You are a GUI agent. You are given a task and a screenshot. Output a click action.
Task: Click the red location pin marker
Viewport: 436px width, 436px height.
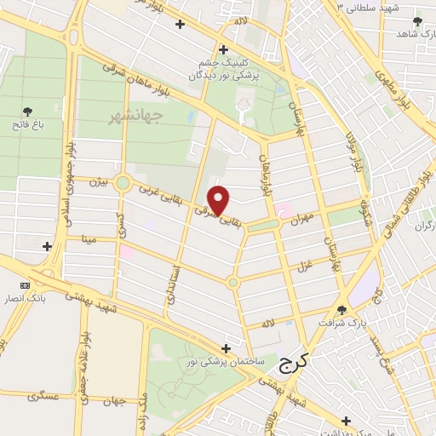coord(219,200)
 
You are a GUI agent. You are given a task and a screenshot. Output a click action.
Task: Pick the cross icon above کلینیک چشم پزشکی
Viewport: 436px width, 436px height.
coord(223,49)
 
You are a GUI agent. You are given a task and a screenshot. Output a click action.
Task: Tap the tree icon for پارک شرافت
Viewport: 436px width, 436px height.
coord(341,310)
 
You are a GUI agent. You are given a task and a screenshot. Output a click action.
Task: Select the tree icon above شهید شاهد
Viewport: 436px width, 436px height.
coord(416,22)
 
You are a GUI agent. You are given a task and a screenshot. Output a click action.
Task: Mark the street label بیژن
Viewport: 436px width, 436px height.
coord(100,181)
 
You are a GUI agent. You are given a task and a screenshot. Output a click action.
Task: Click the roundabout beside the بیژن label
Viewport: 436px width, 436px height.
coord(123,182)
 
